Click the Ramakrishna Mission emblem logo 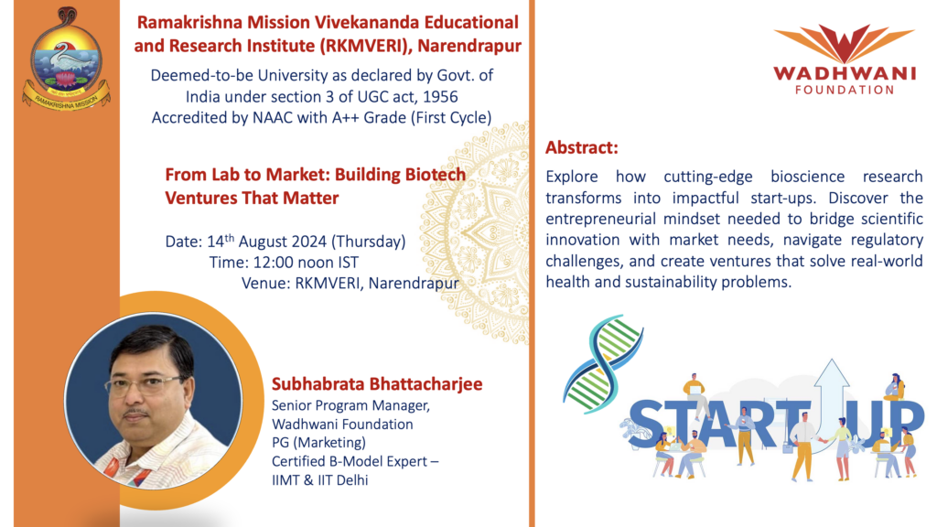66,59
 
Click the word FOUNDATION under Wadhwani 845,90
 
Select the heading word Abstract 581,147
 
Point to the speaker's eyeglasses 145,386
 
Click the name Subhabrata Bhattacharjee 377,384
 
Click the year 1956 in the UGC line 440,97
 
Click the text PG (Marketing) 318,443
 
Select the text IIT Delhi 343,480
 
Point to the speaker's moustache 136,413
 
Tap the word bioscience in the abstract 807,177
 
